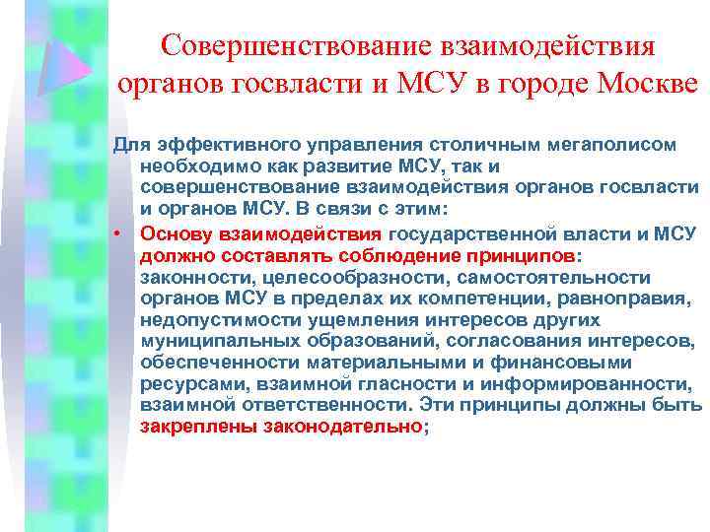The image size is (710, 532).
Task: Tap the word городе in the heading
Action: tap(533, 84)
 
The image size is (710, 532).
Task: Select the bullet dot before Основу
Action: tap(117, 233)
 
